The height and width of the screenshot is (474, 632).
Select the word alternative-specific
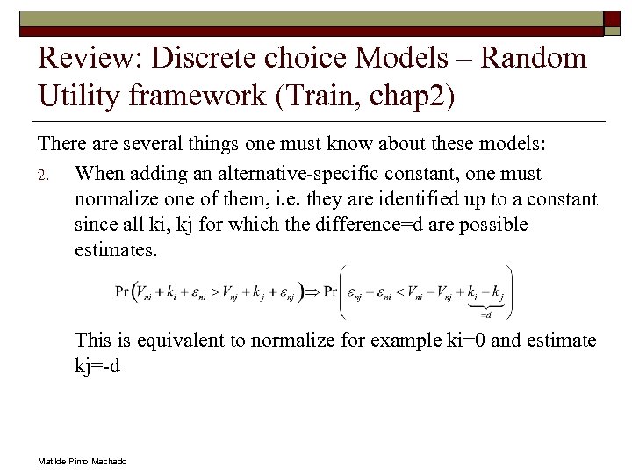(332, 174)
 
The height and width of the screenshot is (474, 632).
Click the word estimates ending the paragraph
(115, 250)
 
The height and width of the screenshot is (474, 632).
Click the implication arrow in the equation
(308, 291)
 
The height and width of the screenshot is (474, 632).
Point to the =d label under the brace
(485, 313)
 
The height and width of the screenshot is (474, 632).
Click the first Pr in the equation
(124, 291)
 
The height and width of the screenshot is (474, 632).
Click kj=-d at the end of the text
(97, 366)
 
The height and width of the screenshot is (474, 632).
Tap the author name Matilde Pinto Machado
(83, 460)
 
